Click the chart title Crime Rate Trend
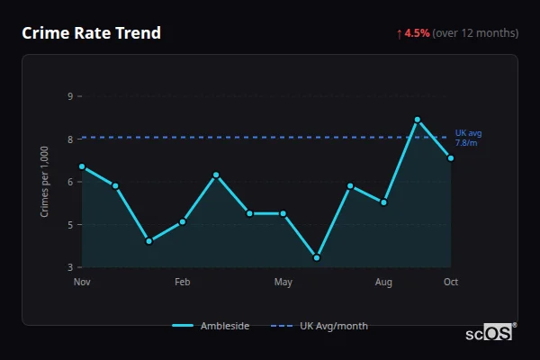pyautogui.click(x=92, y=33)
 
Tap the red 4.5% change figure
pyautogui.click(x=418, y=33)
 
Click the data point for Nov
pyautogui.click(x=82, y=166)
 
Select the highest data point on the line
pyautogui.click(x=418, y=120)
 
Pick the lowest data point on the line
pyautogui.click(x=317, y=258)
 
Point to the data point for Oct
pyautogui.click(x=451, y=157)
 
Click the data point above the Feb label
pyautogui.click(x=183, y=221)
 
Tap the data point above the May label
pyautogui.click(x=283, y=213)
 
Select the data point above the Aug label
pyautogui.click(x=384, y=202)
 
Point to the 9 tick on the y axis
pyautogui.click(x=70, y=95)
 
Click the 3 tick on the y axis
pyautogui.click(x=70, y=267)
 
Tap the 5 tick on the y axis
pyautogui.click(x=70, y=224)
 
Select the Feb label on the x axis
pyautogui.click(x=183, y=283)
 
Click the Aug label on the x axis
pyautogui.click(x=384, y=283)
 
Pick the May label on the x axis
pyautogui.click(x=283, y=283)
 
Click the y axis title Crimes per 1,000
pyautogui.click(x=45, y=181)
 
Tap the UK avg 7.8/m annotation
pyautogui.click(x=468, y=138)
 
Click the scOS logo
pyautogui.click(x=489, y=332)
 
